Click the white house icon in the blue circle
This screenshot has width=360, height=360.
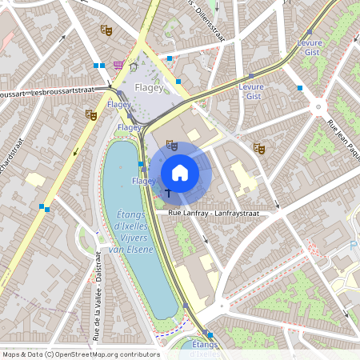(180, 172)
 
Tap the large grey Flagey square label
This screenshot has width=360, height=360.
(149, 86)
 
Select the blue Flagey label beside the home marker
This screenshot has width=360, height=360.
(144, 182)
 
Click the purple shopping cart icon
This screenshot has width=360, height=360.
(118, 65)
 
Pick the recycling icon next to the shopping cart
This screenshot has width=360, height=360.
(134, 66)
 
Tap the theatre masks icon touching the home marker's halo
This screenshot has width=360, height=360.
(170, 145)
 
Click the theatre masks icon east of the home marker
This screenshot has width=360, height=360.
(258, 147)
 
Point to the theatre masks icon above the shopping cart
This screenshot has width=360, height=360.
(106, 30)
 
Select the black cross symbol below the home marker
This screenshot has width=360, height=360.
(168, 192)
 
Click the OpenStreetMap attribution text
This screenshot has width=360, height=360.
(81, 354)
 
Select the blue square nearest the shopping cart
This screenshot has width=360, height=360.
(102, 66)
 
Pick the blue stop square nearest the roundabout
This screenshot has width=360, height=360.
(299, 87)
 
